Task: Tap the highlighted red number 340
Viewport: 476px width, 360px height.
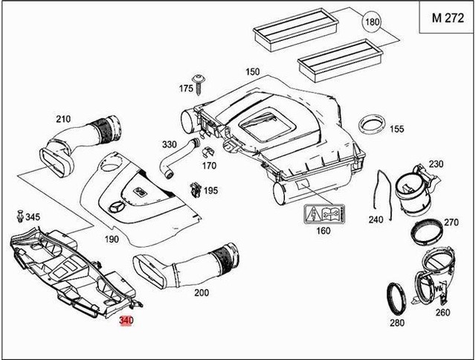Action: click(x=126, y=321)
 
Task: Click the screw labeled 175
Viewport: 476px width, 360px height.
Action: click(x=200, y=81)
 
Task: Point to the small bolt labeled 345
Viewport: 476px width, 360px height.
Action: click(x=19, y=217)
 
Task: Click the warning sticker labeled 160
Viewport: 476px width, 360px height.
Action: click(x=324, y=216)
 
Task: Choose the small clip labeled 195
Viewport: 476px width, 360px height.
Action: click(x=196, y=188)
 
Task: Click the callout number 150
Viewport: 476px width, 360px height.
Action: click(x=252, y=71)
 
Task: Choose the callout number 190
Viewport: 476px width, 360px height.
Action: click(x=111, y=240)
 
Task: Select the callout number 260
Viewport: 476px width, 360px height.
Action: click(x=443, y=312)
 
